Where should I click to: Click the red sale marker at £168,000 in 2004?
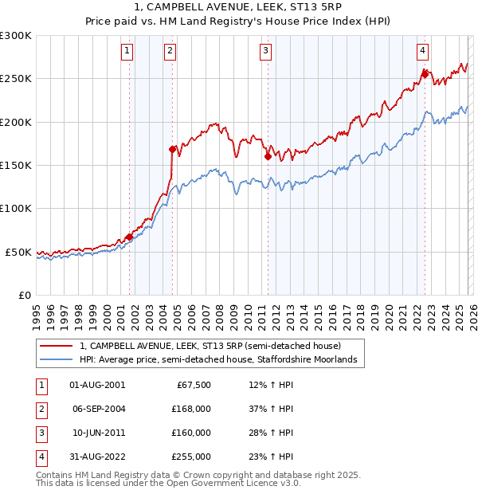point(172,149)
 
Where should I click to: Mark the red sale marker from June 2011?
point(268,156)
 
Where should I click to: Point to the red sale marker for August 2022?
point(425,74)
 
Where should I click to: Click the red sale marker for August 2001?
point(129,236)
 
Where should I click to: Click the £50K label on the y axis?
point(19,252)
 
